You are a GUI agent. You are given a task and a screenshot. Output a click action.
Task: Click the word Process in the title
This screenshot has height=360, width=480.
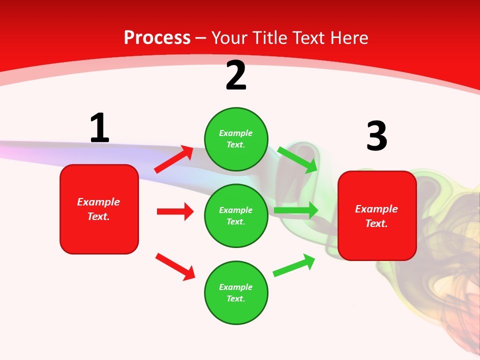click(x=157, y=38)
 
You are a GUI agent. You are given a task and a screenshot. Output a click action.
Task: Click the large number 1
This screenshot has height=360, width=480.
click(x=99, y=128)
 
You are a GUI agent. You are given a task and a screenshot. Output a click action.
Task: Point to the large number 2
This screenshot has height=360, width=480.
click(x=236, y=76)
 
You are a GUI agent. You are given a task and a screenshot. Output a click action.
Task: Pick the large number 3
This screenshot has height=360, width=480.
click(x=376, y=136)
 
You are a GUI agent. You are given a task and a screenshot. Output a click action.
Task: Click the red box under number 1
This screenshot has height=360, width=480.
click(x=99, y=209)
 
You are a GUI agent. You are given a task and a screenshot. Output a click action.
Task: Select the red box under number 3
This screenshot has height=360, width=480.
click(x=377, y=216)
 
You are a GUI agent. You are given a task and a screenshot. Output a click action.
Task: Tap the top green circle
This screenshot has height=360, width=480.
click(x=236, y=139)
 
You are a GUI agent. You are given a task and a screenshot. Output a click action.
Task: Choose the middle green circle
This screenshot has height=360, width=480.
click(x=236, y=215)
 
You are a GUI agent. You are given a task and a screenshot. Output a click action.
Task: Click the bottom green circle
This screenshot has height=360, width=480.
click(x=236, y=292)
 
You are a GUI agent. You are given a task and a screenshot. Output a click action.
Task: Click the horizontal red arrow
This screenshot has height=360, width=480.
click(x=175, y=211)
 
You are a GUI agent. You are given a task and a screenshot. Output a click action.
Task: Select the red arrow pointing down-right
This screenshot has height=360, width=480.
click(x=175, y=266)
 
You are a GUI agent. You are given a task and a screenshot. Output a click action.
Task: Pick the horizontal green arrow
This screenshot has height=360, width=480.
click(x=296, y=210)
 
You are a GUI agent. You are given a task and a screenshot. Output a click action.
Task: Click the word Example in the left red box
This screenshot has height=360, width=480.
click(x=98, y=202)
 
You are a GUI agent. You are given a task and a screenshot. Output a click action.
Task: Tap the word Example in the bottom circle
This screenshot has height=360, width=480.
click(x=235, y=287)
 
